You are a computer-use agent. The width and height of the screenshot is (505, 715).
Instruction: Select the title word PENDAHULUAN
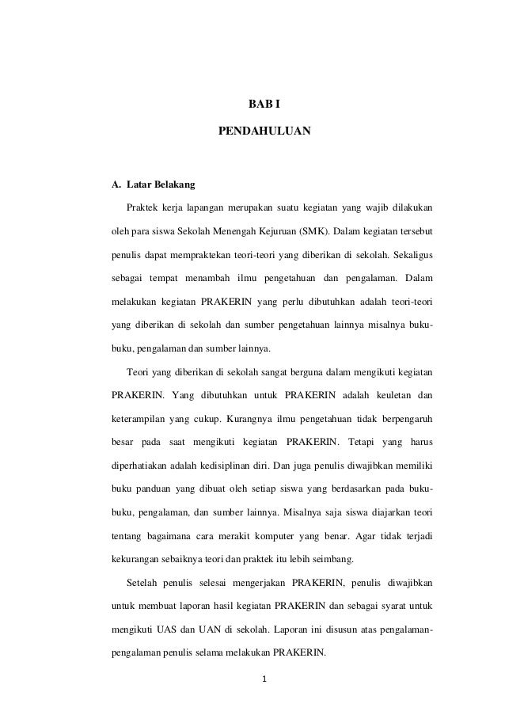264,126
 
